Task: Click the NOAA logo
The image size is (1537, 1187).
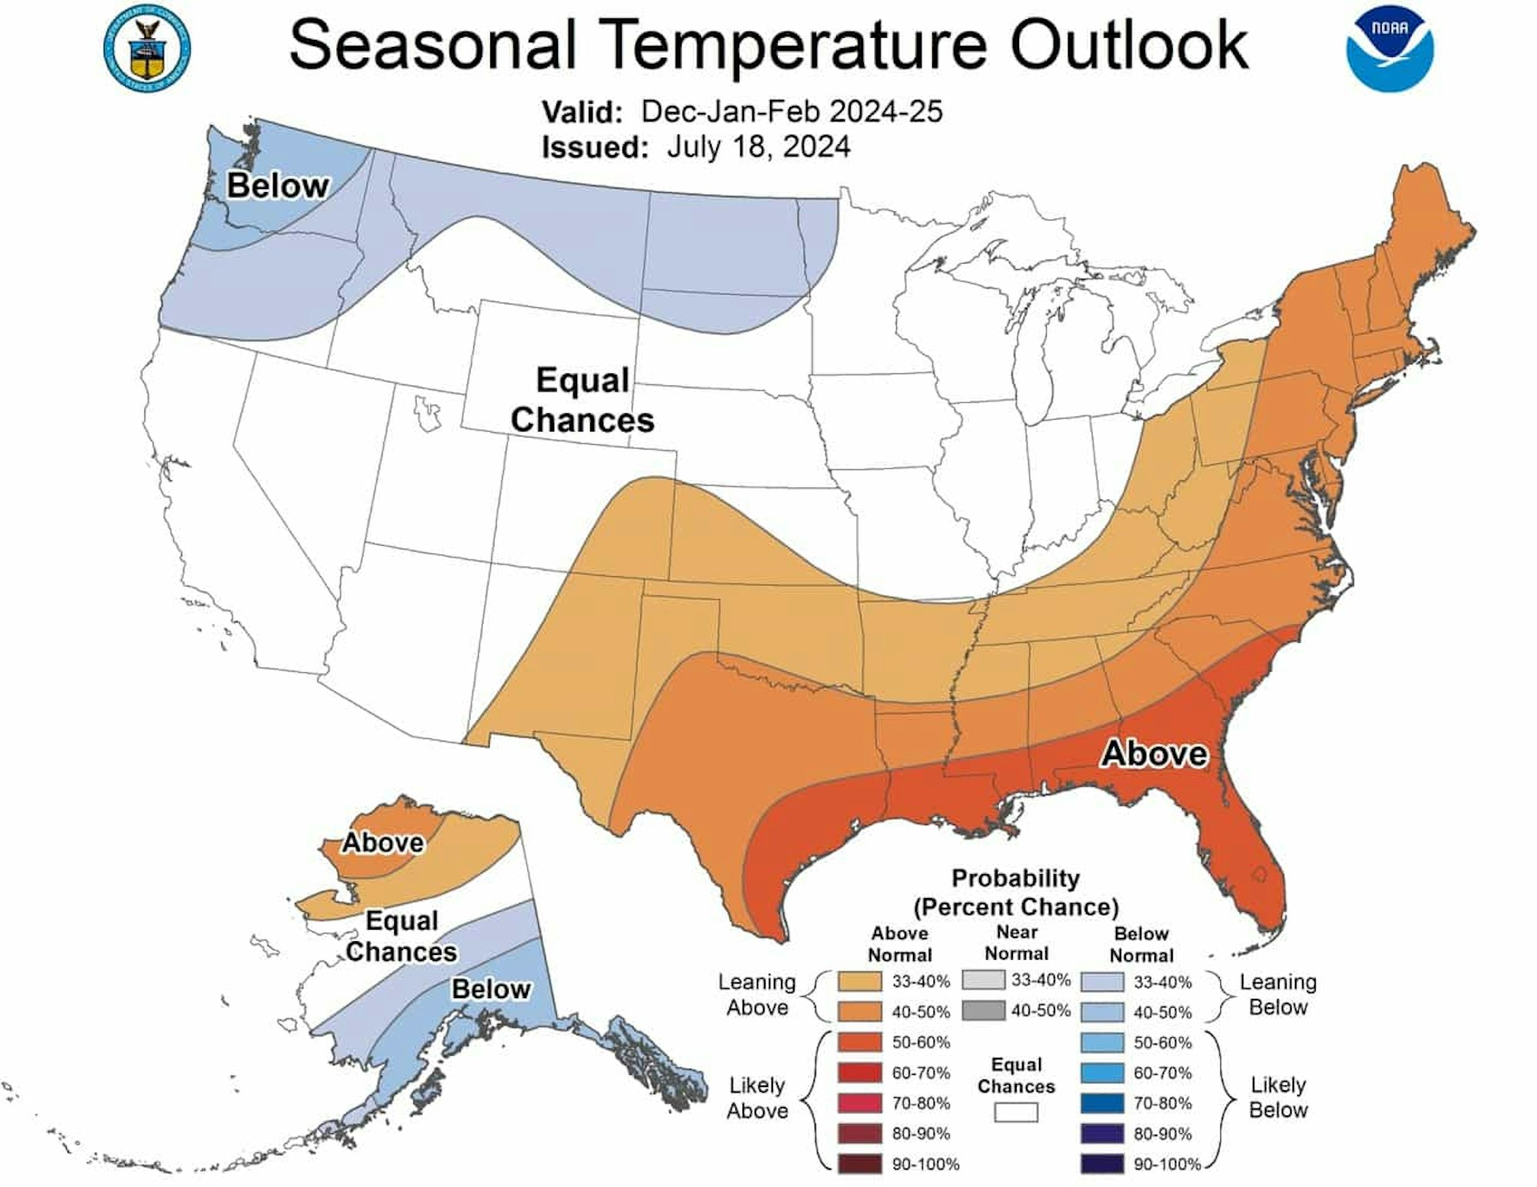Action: [x=1389, y=50]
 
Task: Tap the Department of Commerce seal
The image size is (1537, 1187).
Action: [x=147, y=50]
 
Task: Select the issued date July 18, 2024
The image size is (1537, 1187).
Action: [x=758, y=146]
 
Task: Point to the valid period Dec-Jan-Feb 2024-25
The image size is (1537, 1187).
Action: [x=792, y=112]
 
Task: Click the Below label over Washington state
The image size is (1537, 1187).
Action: [x=277, y=186]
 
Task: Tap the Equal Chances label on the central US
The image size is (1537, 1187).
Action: [x=582, y=400]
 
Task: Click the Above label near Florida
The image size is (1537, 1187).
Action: [x=1154, y=754]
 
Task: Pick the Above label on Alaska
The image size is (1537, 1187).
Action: [x=383, y=842]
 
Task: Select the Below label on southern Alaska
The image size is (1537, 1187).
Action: [x=491, y=989]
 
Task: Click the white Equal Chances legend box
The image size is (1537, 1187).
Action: [x=1016, y=1112]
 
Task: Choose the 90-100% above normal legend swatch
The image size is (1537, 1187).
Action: [x=860, y=1164]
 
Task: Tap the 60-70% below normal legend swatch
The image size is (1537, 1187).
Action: [x=1102, y=1073]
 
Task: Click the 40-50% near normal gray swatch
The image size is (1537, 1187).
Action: [x=982, y=1010]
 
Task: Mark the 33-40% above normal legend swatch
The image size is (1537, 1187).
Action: [x=860, y=982]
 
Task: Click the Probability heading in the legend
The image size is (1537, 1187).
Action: [x=1015, y=878]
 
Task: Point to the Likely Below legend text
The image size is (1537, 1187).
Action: [x=1278, y=1097]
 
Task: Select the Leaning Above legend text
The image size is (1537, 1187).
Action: [x=757, y=994]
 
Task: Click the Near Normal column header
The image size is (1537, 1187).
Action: [x=1017, y=943]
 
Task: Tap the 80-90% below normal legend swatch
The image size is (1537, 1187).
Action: [x=1102, y=1133]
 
